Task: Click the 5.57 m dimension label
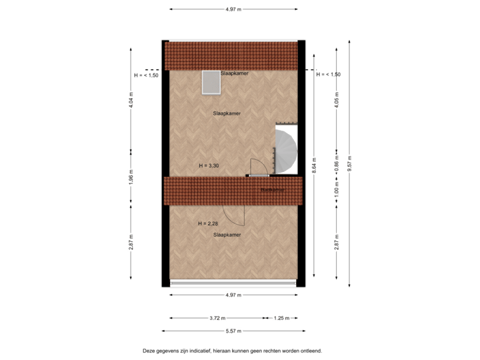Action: (x=233, y=331)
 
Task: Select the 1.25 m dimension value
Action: (x=282, y=318)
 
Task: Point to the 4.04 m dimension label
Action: (x=131, y=100)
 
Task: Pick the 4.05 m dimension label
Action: (x=337, y=100)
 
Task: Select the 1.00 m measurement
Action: (x=337, y=190)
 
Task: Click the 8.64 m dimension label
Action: (x=313, y=164)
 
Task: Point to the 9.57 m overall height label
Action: (x=349, y=164)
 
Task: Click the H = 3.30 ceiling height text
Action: (x=209, y=165)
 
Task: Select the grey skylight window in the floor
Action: (x=211, y=83)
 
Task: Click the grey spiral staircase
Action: (x=285, y=151)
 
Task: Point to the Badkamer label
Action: (x=272, y=190)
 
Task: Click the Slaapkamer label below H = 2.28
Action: (x=227, y=235)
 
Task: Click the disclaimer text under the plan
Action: (x=233, y=349)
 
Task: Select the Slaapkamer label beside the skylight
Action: (x=235, y=73)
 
